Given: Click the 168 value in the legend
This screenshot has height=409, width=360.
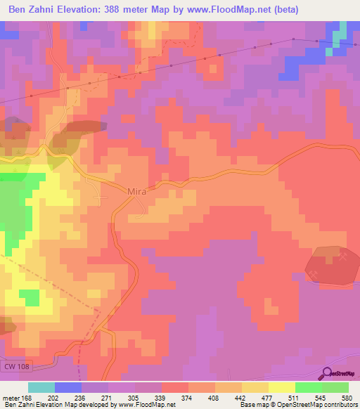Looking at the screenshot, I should tap(27, 397).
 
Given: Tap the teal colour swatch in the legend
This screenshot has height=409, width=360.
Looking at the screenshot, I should tap(41, 387).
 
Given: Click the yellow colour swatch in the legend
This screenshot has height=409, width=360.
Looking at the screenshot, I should tap(281, 387).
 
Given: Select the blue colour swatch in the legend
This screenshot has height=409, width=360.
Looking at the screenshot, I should tap(68, 387).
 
